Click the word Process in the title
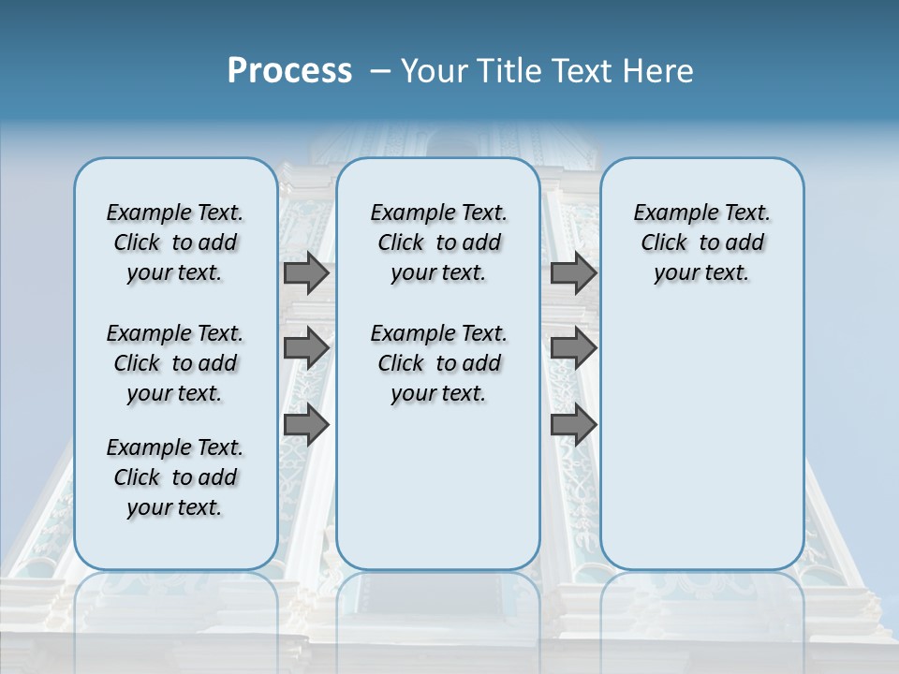pyautogui.click(x=289, y=70)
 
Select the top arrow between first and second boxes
pyautogui.click(x=306, y=273)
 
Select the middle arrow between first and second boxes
pyautogui.click(x=306, y=348)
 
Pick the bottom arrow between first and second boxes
pyautogui.click(x=306, y=425)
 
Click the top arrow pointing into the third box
pyautogui.click(x=573, y=273)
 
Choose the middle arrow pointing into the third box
pyautogui.click(x=573, y=348)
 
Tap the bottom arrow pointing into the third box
pyautogui.click(x=573, y=425)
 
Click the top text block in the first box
pyautogui.click(x=175, y=242)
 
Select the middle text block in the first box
pyautogui.click(x=175, y=363)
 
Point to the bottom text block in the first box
pyautogui.click(x=175, y=477)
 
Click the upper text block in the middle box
pyautogui.click(x=438, y=242)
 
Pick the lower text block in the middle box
pyautogui.click(x=438, y=363)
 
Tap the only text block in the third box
pyautogui.click(x=702, y=242)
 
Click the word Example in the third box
pyautogui.click(x=669, y=213)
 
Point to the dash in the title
pyautogui.click(x=380, y=71)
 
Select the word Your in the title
pyautogui.click(x=435, y=71)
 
